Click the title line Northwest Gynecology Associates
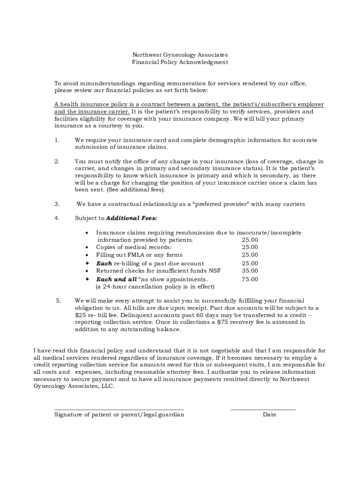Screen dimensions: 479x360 (x=180, y=55)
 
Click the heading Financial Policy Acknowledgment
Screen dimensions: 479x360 (x=180, y=62)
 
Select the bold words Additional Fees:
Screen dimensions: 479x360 (x=131, y=218)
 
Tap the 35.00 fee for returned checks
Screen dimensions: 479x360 (x=250, y=271)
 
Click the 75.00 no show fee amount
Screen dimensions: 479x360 (x=250, y=279)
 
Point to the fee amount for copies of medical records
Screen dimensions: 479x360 (x=250, y=247)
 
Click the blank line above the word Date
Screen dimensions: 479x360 (x=263, y=408)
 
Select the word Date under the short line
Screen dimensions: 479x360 (x=269, y=414)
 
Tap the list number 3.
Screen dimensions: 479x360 (x=57, y=204)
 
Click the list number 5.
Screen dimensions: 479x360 (x=58, y=301)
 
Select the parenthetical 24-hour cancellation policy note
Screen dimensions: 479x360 (x=155, y=287)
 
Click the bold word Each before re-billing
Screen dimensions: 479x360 (x=104, y=263)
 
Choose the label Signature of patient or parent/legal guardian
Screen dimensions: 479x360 (x=119, y=414)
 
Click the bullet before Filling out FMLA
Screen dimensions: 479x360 (x=87, y=255)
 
